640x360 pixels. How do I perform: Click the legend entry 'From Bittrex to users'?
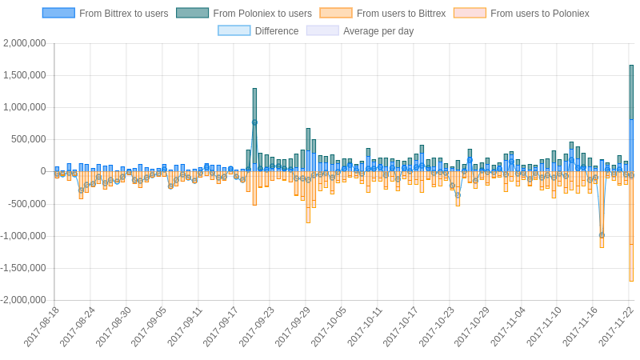[106, 14]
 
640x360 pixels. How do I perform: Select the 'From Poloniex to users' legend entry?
[244, 14]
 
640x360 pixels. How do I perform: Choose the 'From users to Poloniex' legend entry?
[521, 14]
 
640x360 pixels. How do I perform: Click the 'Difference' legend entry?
[258, 31]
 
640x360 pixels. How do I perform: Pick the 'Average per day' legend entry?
[360, 31]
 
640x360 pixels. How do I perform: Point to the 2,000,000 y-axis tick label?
[25, 43]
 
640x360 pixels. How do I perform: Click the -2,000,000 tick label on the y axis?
[23, 300]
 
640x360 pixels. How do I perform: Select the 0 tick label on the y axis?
[42, 171]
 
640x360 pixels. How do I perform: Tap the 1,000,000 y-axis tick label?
[25, 107]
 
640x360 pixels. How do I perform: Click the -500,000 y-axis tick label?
[26, 203]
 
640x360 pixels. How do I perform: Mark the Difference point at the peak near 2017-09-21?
[254, 122]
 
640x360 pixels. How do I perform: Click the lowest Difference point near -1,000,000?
[602, 235]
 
